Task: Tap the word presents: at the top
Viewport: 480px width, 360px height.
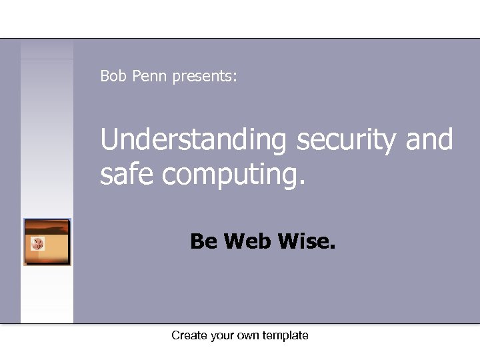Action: [x=203, y=77]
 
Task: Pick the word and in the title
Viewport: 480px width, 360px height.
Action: [x=429, y=140]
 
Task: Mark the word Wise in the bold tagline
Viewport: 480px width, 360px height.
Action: [x=303, y=241]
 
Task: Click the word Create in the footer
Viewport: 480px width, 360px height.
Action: [x=189, y=335]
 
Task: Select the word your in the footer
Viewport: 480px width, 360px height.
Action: [x=223, y=336]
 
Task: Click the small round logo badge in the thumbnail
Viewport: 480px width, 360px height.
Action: [x=37, y=244]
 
